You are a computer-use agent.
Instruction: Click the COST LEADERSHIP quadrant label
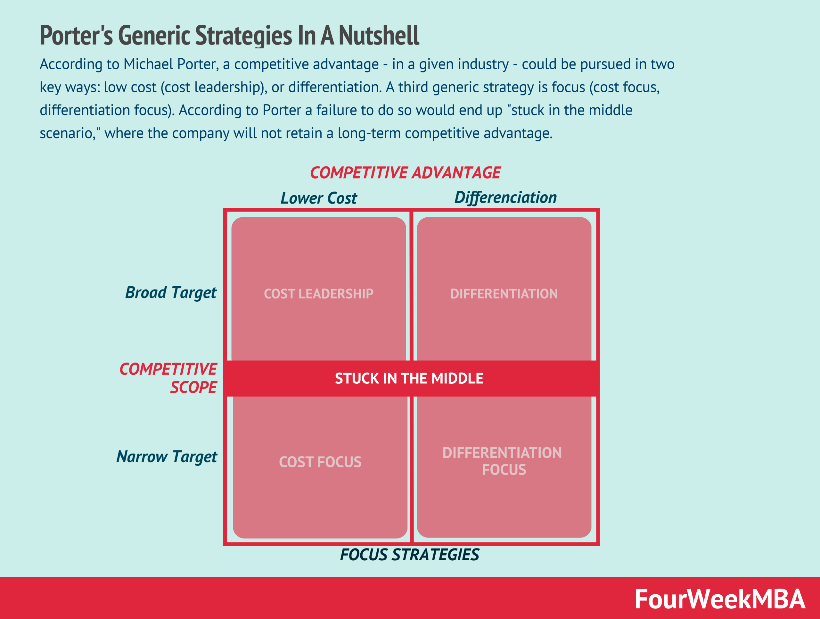318,294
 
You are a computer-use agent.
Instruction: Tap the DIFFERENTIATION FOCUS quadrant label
502,461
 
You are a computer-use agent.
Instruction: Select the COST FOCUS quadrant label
320,462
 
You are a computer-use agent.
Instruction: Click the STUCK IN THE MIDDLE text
409,378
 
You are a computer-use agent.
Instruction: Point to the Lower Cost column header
318,198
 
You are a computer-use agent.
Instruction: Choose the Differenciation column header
505,197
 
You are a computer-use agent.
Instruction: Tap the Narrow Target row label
167,456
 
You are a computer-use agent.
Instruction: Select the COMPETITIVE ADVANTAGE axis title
405,173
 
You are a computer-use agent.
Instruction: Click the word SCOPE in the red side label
193,387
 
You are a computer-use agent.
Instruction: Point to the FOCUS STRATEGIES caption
409,555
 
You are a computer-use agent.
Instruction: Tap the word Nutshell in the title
379,36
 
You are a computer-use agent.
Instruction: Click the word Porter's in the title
76,36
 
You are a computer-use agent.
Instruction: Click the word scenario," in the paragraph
70,133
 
